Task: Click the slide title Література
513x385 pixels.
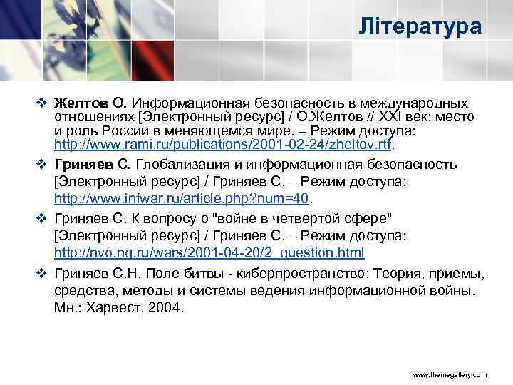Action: (x=420, y=28)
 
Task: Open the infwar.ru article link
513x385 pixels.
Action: (x=185, y=199)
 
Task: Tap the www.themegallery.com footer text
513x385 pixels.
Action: (x=450, y=374)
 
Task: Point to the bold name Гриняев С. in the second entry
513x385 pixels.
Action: (x=93, y=165)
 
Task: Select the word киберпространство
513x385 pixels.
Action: (x=299, y=274)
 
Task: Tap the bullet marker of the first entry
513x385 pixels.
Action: (x=41, y=103)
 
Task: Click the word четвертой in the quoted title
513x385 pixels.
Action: (x=271, y=218)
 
